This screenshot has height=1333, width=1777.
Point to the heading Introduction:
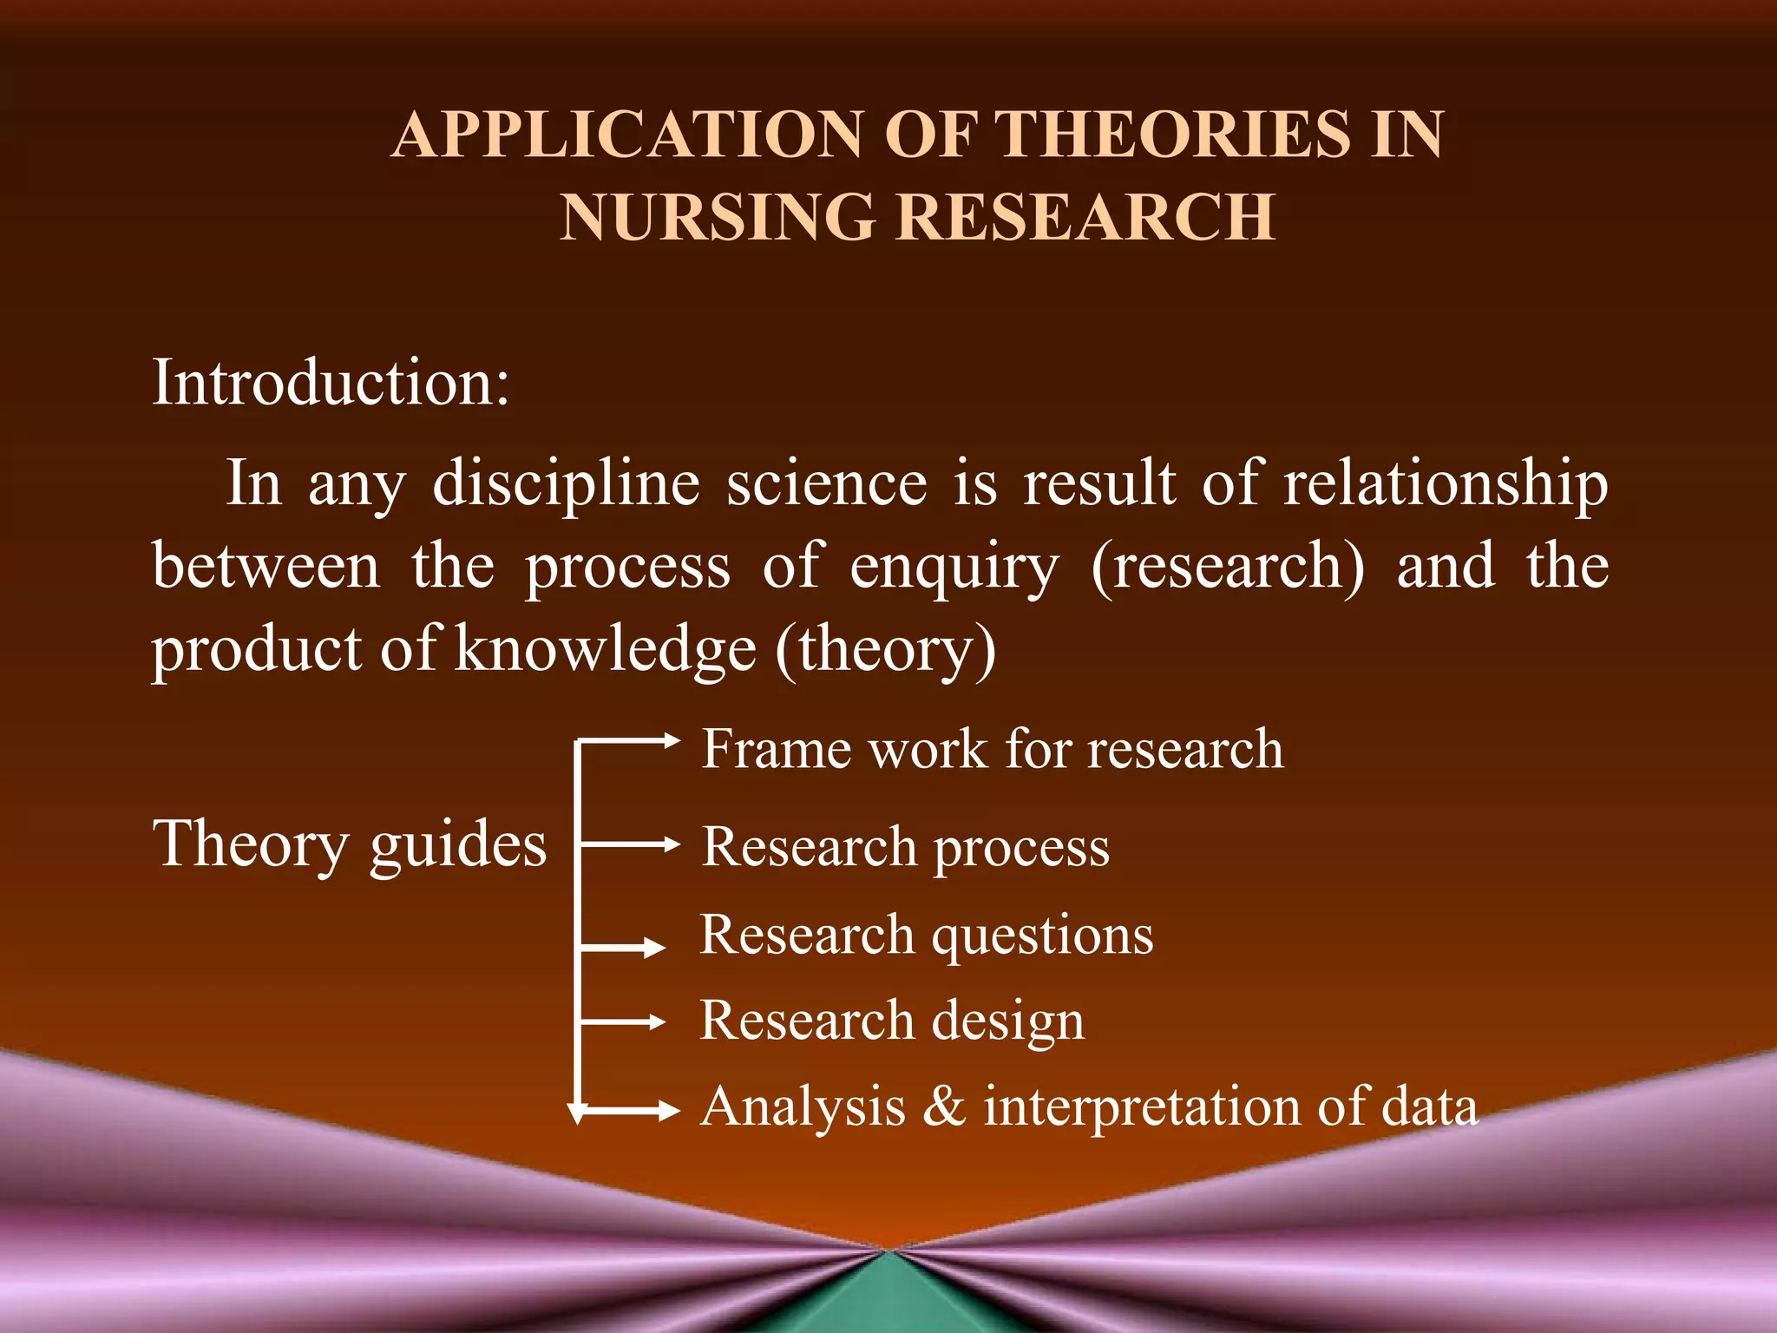(x=331, y=382)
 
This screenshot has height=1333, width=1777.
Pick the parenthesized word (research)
(x=1227, y=566)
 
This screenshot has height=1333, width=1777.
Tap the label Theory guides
(x=350, y=844)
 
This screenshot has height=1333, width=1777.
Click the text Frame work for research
(x=992, y=748)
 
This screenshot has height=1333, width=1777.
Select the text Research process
(x=905, y=846)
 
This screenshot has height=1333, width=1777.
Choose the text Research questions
(x=927, y=935)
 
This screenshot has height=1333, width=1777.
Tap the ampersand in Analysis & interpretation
(x=944, y=1107)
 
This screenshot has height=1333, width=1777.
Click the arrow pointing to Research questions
(x=623, y=948)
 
